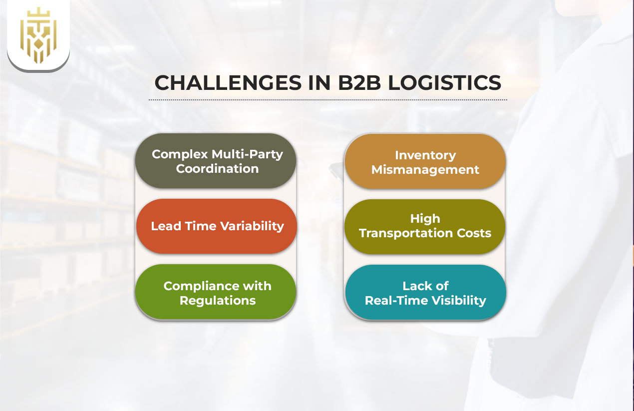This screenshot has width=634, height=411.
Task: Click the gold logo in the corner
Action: (38, 35)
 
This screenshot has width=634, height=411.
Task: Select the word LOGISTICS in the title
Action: (444, 82)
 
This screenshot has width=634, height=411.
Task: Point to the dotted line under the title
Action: (327, 100)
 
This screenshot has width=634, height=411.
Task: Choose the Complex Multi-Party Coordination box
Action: (216, 161)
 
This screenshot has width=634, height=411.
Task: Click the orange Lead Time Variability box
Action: (217, 226)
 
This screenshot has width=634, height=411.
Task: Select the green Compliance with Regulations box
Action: (216, 292)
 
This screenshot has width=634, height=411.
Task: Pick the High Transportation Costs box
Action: (425, 226)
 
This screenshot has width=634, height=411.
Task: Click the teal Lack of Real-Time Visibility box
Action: (425, 292)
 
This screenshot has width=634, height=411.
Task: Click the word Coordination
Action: (217, 169)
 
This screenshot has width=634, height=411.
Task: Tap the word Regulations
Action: (218, 301)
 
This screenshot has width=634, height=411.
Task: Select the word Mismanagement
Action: (425, 170)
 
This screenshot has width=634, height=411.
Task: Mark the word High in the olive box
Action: (425, 219)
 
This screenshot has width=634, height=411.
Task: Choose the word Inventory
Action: (425, 155)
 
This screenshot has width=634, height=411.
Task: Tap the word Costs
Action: (473, 233)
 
